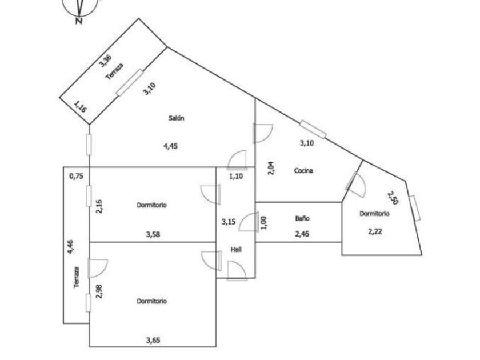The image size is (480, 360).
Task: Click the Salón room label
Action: click(x=176, y=118)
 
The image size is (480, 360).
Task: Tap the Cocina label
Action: click(x=303, y=170)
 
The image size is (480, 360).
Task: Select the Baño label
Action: click(x=303, y=218)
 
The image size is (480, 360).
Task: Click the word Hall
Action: click(x=235, y=249)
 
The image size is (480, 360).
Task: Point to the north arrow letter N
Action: click(x=79, y=22)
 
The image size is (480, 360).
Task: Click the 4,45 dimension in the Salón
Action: click(x=171, y=146)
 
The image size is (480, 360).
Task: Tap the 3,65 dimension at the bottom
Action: click(x=153, y=340)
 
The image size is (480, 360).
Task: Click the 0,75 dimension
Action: click(x=75, y=177)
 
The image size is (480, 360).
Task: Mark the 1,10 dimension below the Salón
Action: click(x=236, y=177)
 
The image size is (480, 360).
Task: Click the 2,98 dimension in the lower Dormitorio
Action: click(x=99, y=291)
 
